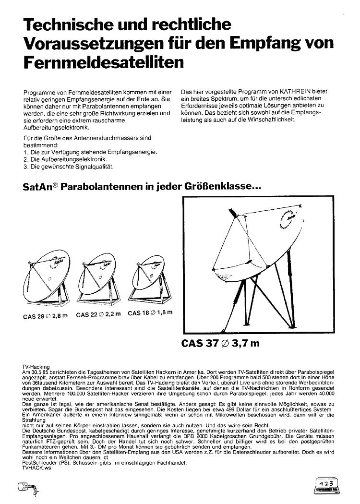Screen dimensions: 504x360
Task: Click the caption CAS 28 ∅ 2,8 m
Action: pos(46,316)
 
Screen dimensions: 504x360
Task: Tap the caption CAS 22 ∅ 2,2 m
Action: pos(98,315)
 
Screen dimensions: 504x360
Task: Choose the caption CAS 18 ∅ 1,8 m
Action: pos(150,313)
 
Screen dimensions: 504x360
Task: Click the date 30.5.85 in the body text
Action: pos(39,372)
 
